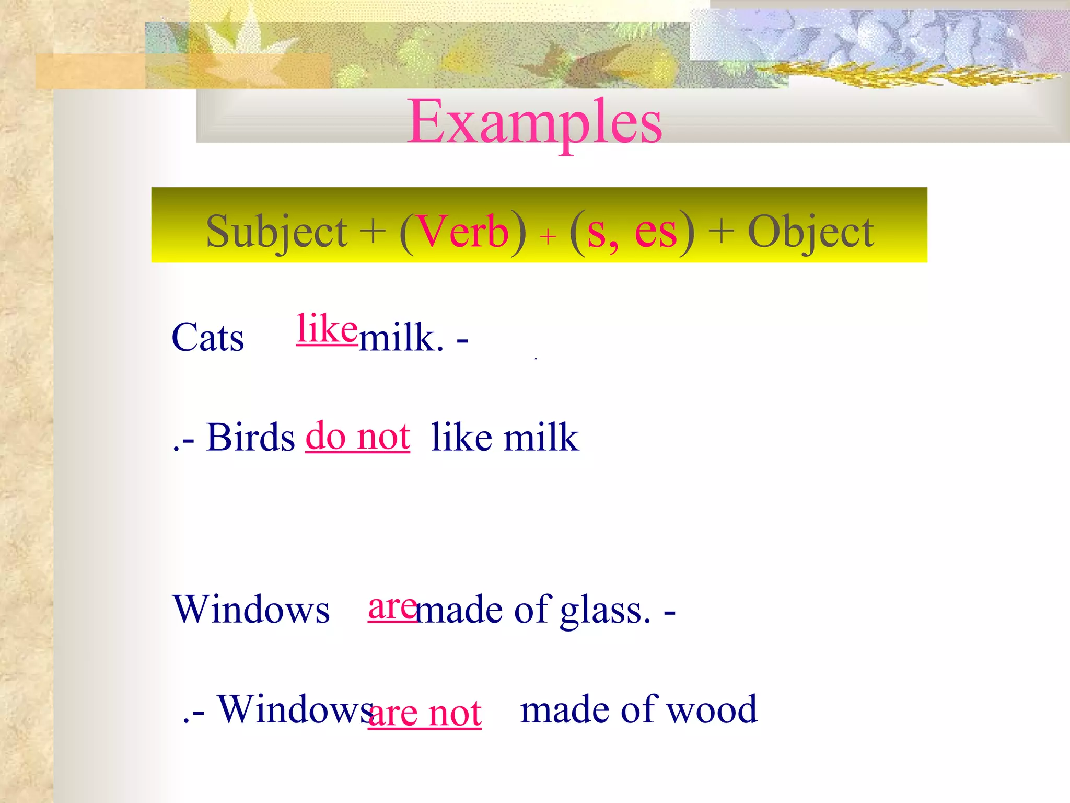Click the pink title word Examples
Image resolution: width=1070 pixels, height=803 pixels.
point(534,122)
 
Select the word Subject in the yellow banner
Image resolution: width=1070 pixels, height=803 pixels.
point(276,232)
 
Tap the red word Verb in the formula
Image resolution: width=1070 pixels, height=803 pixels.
point(463,231)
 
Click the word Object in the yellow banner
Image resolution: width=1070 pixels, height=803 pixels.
point(811,232)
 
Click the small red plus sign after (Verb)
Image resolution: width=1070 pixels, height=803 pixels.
point(548,237)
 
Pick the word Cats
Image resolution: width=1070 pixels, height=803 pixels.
point(208,338)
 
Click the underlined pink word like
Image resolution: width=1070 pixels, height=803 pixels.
point(327,329)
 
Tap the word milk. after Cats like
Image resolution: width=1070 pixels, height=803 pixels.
point(401,338)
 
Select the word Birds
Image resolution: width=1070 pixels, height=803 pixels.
point(251,437)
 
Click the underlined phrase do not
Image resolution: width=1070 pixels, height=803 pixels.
point(357,436)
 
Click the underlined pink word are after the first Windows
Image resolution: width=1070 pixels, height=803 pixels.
point(392,607)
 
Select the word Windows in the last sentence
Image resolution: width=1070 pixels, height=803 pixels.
point(295,710)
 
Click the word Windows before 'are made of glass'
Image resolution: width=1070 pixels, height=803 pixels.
point(251,610)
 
